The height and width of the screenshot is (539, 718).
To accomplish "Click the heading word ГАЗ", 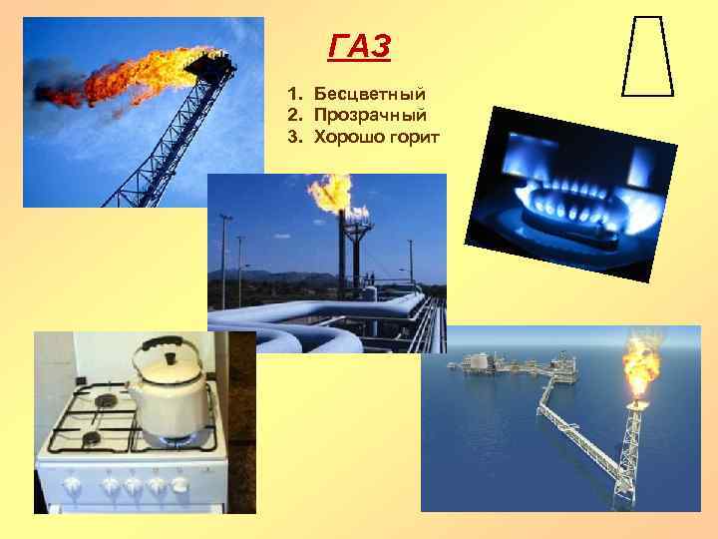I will tap(360, 46).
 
